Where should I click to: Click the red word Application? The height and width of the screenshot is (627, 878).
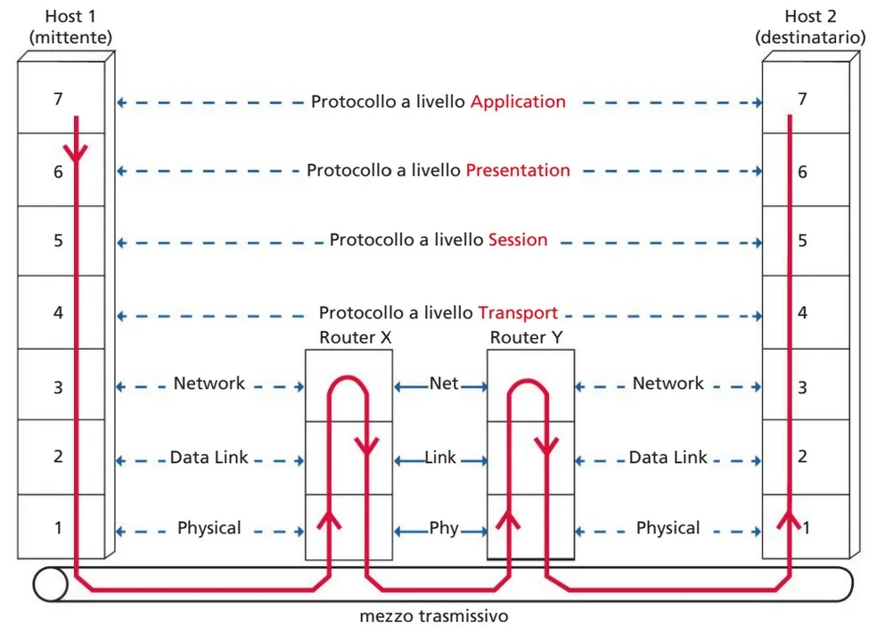pyautogui.click(x=518, y=102)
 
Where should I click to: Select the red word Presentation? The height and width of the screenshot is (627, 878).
pyautogui.click(x=518, y=170)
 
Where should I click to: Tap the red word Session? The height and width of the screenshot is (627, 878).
pyautogui.click(x=518, y=240)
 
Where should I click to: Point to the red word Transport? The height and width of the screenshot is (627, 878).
pyautogui.click(x=518, y=313)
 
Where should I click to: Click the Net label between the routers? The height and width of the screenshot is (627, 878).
pyautogui.click(x=444, y=384)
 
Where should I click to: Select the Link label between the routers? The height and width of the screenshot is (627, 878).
pyautogui.click(x=440, y=458)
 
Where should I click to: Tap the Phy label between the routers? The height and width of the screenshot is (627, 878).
pyautogui.click(x=444, y=528)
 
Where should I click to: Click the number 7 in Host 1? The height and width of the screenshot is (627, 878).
pyautogui.click(x=58, y=100)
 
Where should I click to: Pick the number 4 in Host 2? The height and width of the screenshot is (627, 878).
pyautogui.click(x=802, y=314)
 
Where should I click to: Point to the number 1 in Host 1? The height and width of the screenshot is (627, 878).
pyautogui.click(x=58, y=527)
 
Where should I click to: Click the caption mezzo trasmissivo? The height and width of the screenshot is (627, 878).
pyautogui.click(x=434, y=615)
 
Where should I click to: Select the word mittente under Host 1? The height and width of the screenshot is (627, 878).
pyautogui.click(x=70, y=37)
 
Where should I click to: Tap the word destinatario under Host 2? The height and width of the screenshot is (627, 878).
pyautogui.click(x=809, y=37)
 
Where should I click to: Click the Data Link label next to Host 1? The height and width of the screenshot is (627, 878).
pyautogui.click(x=209, y=458)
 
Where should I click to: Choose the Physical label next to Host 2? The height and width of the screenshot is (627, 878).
pyautogui.click(x=668, y=528)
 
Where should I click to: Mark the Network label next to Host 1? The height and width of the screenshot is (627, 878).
pyautogui.click(x=209, y=384)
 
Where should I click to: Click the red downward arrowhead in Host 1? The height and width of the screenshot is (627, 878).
pyautogui.click(x=77, y=153)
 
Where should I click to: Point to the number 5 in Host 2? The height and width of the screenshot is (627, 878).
pyautogui.click(x=802, y=241)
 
